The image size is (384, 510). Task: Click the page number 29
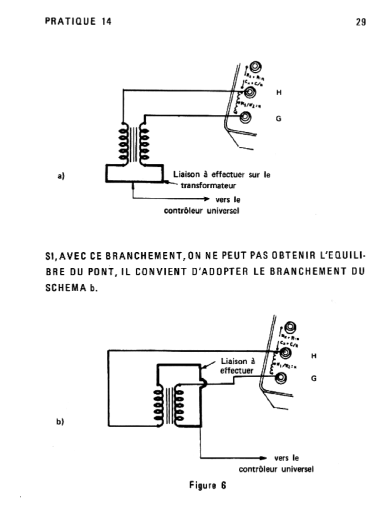[361, 21]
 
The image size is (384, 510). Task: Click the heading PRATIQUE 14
[78, 21]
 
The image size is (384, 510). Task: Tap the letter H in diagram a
[279, 92]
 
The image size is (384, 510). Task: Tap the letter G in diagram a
[279, 119]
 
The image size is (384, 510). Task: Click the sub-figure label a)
[61, 175]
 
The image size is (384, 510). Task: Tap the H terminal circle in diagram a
[245, 92]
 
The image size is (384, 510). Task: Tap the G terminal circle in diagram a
[245, 118]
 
